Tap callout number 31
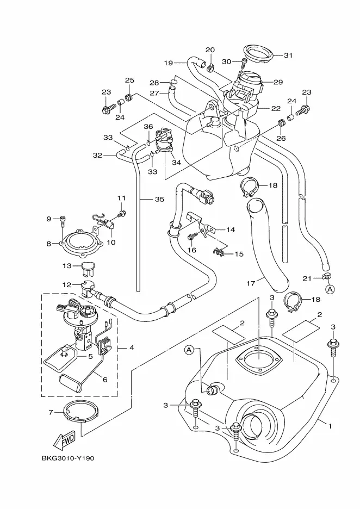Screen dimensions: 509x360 pos(288,55)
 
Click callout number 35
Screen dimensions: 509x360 pos(159,200)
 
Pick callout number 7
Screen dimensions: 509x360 pos(51,412)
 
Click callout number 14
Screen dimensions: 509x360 pos(231,229)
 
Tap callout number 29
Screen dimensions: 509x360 pos(278,82)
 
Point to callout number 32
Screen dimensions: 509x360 pos(97,156)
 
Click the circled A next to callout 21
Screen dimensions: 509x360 pos(330,289)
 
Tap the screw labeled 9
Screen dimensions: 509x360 pos(63,220)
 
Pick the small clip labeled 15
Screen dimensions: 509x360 pos(219,252)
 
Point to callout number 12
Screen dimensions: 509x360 pos(66,284)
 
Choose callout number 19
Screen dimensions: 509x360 pos(168,63)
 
